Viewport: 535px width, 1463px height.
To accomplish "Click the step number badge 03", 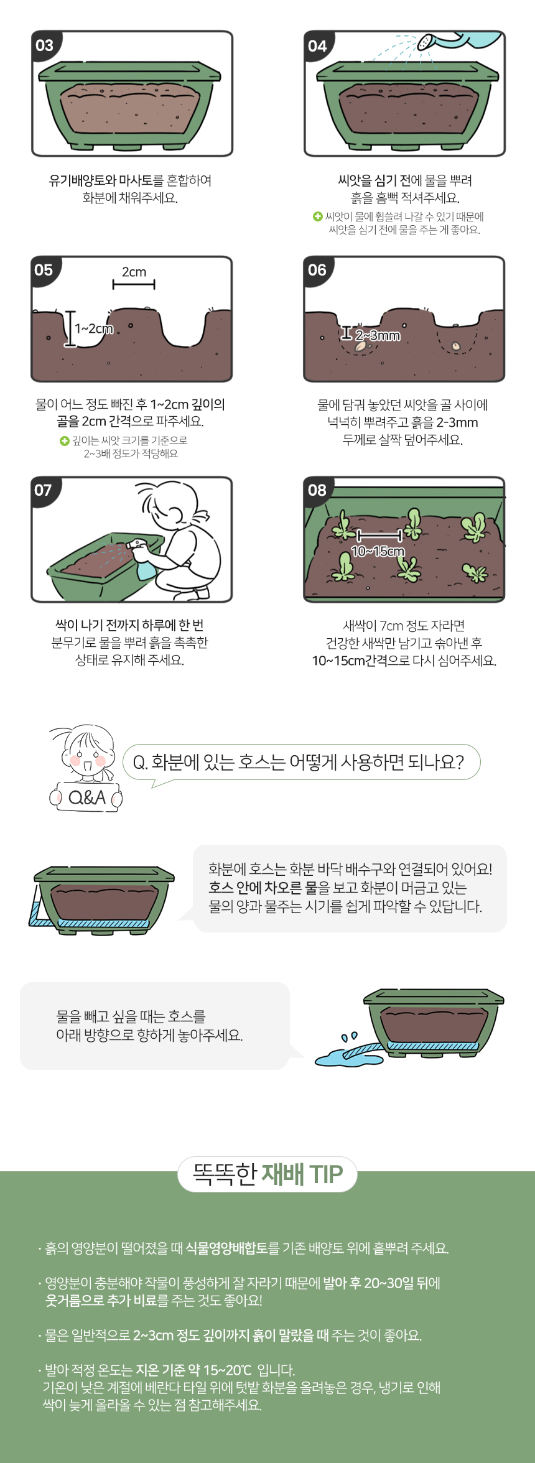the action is (45, 45).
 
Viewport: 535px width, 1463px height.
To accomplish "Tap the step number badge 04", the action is (317, 45).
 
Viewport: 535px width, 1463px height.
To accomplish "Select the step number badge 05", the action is (44, 271).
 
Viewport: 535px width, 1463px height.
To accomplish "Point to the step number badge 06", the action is (317, 271).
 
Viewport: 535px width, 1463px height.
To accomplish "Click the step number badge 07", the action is (44, 491).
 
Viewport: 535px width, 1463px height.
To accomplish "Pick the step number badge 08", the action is (317, 491).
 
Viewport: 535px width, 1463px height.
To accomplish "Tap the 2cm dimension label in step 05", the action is (134, 272).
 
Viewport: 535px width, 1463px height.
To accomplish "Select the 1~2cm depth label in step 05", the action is (94, 328).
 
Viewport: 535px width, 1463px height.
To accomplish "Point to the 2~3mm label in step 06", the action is (378, 336).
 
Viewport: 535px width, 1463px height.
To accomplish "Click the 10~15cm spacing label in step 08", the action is (378, 551).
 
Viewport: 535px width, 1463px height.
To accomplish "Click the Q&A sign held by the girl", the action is (86, 797).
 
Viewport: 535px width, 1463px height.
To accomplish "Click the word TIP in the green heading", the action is (326, 1174).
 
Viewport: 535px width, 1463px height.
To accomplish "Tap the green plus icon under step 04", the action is (317, 216).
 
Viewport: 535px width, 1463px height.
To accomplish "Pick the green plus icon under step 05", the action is (64, 440).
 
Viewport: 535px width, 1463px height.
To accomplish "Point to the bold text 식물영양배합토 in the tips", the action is (226, 1248).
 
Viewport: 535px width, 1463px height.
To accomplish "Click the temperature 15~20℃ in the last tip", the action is (228, 1370).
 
